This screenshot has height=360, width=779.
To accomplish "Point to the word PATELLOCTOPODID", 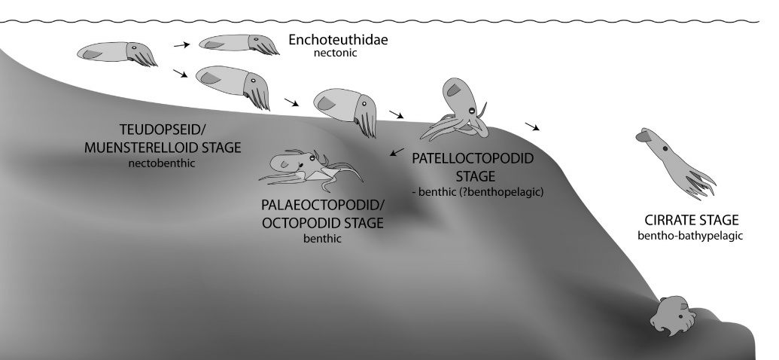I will click(x=473, y=159).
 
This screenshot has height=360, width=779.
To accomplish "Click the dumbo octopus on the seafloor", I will click(x=671, y=316).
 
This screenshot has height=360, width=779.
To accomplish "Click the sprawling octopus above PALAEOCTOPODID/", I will click(x=309, y=168).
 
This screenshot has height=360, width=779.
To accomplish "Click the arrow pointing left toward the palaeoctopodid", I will click(x=397, y=153).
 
